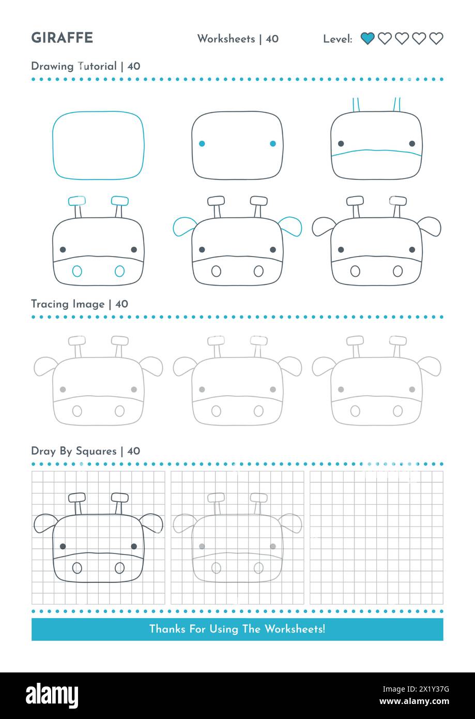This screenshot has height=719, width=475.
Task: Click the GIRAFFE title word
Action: tap(62, 38)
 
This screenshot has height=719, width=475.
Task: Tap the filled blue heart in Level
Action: tap(367, 38)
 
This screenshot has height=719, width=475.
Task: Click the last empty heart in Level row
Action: tap(436, 38)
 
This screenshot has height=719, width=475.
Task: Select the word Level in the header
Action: tap(337, 39)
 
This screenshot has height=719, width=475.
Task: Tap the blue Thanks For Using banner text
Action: tap(237, 629)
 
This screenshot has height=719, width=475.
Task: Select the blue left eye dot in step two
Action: tap(202, 144)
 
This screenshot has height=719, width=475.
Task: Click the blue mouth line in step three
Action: tap(376, 153)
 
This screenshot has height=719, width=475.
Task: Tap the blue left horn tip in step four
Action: tap(77, 201)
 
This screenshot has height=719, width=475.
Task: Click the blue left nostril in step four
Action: tap(77, 271)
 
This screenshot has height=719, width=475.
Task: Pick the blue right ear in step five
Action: tap(290, 226)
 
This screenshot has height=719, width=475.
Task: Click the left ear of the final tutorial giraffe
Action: tap(323, 226)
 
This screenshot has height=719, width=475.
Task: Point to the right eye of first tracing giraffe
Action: tap(134, 389)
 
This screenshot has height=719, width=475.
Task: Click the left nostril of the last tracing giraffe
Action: tap(355, 411)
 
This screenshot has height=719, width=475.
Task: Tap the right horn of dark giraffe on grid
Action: tap(120, 498)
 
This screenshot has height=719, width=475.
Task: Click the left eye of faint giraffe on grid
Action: tap(202, 546)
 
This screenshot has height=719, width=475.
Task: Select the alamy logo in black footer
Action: tap(52, 696)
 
